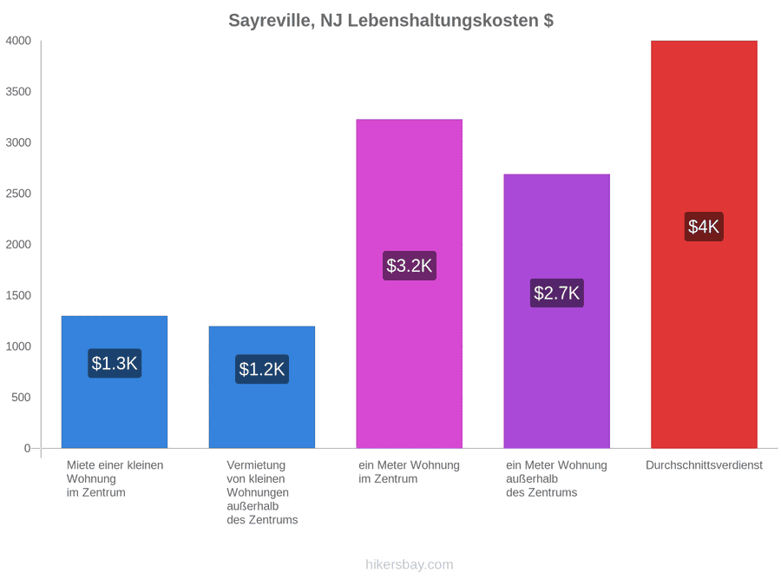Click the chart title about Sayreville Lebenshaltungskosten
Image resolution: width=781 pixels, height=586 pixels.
pyautogui.click(x=391, y=21)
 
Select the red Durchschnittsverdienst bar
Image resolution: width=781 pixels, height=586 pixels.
pyautogui.click(x=704, y=244)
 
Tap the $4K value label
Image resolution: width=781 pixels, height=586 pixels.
pyautogui.click(x=704, y=227)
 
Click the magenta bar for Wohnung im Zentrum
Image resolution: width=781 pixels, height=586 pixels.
pyautogui.click(x=410, y=284)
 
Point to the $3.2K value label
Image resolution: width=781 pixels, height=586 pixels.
pyautogui.click(x=410, y=266)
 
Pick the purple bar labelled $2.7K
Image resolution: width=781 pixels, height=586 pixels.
pyautogui.click(x=557, y=311)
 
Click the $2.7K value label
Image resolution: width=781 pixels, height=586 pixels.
pyautogui.click(x=557, y=293)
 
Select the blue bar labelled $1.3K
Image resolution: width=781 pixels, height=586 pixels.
pyautogui.click(x=115, y=382)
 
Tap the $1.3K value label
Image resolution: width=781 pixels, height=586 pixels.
pyautogui.click(x=115, y=363)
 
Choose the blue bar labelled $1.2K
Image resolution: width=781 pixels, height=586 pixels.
pyautogui.click(x=262, y=387)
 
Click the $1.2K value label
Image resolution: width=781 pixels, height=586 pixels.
pyautogui.click(x=262, y=369)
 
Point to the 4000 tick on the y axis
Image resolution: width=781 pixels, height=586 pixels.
pyautogui.click(x=18, y=41)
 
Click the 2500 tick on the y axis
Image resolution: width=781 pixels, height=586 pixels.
pyautogui.click(x=18, y=194)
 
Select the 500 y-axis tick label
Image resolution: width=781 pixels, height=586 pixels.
pyautogui.click(x=22, y=397)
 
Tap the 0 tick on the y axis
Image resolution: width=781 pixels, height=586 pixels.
pyautogui.click(x=28, y=448)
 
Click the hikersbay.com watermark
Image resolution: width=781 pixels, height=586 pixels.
pyautogui.click(x=410, y=564)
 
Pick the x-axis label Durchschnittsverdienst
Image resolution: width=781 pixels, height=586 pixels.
pyautogui.click(x=704, y=465)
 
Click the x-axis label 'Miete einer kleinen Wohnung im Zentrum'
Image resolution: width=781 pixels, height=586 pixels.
pyautogui.click(x=115, y=479)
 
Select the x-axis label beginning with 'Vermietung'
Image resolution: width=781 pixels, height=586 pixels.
pyautogui.click(x=262, y=492)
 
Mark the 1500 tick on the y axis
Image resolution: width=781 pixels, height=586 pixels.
pyautogui.click(x=18, y=295)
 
